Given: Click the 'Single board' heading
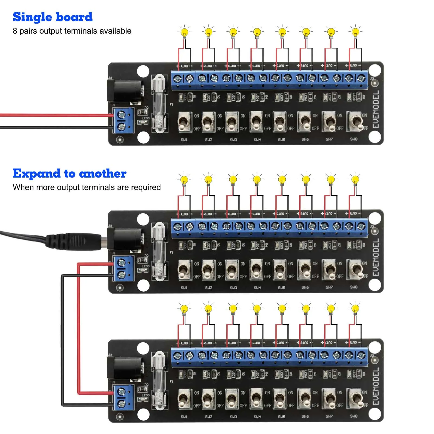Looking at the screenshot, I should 53,17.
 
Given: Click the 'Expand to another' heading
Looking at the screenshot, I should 69,174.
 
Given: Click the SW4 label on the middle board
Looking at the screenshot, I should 257,288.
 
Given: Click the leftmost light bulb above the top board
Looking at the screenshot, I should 185,33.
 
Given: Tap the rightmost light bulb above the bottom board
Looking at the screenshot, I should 355,309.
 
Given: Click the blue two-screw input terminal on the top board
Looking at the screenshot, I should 123,121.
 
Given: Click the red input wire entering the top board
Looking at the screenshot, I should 54,115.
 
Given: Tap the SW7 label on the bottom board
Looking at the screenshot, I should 329,416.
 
